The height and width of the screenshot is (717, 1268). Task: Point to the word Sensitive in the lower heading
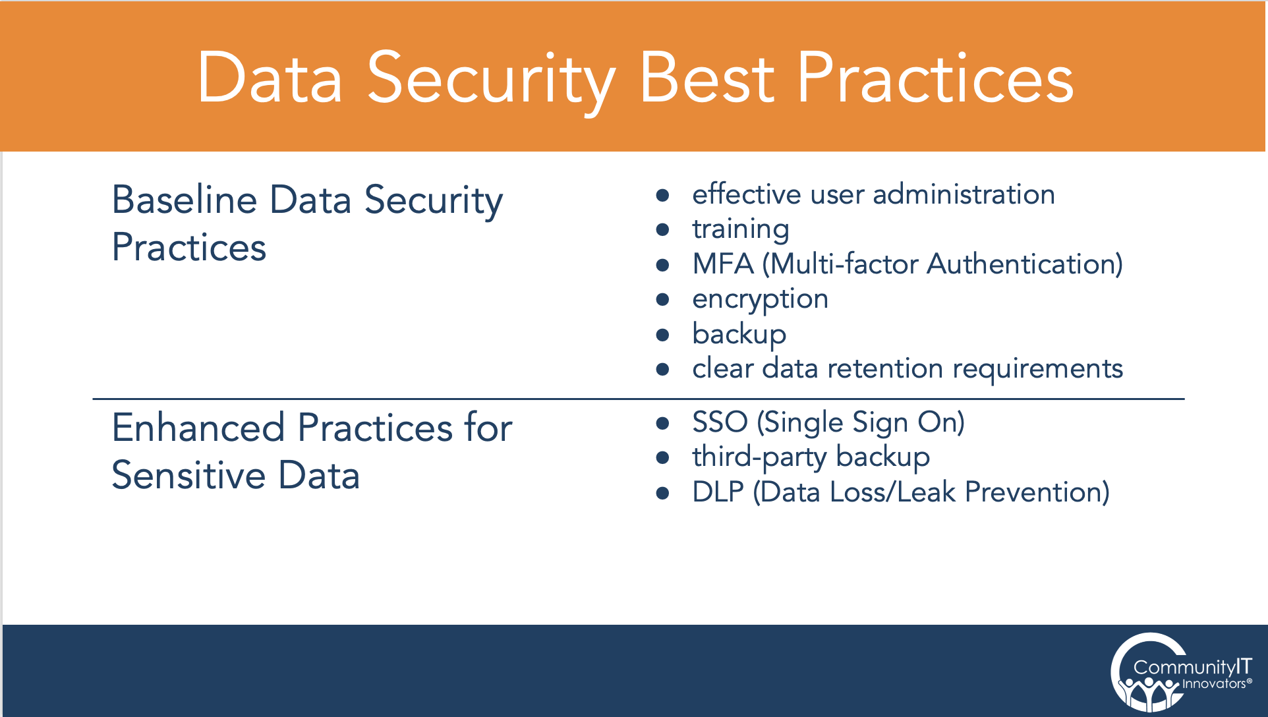tap(188, 475)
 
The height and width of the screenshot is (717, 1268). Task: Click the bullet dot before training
tap(663, 229)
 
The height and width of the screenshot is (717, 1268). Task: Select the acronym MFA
tap(722, 264)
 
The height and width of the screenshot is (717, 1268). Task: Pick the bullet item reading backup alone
tap(739, 334)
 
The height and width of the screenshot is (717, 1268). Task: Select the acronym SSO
tap(719, 422)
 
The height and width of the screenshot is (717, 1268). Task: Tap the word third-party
tap(759, 457)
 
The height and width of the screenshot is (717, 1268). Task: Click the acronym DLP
tap(718, 492)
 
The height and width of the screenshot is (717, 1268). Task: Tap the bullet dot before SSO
tap(663, 423)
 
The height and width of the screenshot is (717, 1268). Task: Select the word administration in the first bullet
tap(964, 194)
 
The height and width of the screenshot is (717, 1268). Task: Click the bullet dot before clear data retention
tap(663, 369)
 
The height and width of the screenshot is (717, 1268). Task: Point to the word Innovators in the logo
tap(1213, 684)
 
